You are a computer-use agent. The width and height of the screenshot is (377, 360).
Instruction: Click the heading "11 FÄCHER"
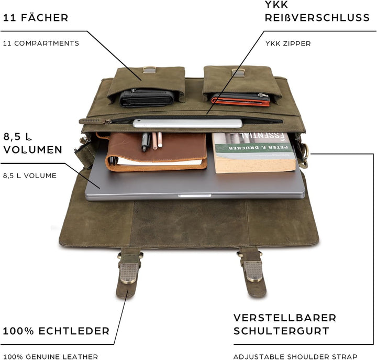pos(36,18)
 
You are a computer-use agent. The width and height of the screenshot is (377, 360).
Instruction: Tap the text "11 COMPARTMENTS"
pos(41,43)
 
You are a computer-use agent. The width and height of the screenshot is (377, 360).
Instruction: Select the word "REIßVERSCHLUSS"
pos(317,18)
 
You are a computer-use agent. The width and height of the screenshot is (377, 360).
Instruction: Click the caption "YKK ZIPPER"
pos(287,43)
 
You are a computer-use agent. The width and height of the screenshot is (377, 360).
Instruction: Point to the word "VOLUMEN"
pos(33,149)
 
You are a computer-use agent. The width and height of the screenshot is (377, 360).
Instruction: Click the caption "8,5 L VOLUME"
pos(30,176)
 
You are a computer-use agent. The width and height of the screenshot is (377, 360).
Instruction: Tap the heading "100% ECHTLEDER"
pos(56,331)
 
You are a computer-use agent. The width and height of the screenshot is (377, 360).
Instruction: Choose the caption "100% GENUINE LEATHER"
pos(50,356)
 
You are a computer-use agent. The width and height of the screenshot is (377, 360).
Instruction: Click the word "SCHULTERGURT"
pos(281,331)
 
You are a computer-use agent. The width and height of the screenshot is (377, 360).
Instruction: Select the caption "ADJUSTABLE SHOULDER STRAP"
pos(295,356)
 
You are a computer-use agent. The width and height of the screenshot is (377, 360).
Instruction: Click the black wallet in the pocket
pos(146,98)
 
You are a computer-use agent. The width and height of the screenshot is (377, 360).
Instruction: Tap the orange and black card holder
pos(240,99)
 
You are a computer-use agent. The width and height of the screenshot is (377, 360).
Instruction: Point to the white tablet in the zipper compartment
pos(187,124)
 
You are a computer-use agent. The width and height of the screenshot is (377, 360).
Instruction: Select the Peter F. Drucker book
pos(254,152)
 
